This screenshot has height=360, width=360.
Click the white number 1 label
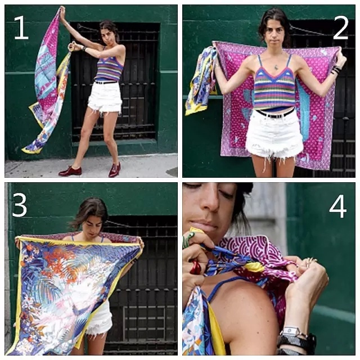(x=21, y=28)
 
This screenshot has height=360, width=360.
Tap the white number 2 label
(x=341, y=28)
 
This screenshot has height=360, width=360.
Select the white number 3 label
(x=20, y=205)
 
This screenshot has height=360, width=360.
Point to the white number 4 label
(x=337, y=206)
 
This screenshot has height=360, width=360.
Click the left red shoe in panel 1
(x=70, y=171)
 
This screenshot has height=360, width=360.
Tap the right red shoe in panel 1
(x=115, y=170)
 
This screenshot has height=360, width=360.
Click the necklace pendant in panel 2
(x=276, y=67)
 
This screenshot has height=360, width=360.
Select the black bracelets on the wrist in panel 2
(x=336, y=70)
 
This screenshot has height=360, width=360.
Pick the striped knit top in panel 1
(x=109, y=68)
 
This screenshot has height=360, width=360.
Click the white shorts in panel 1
(x=105, y=97)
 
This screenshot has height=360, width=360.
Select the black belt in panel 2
(x=274, y=114)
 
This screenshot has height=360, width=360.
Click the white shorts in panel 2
(x=274, y=136)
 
